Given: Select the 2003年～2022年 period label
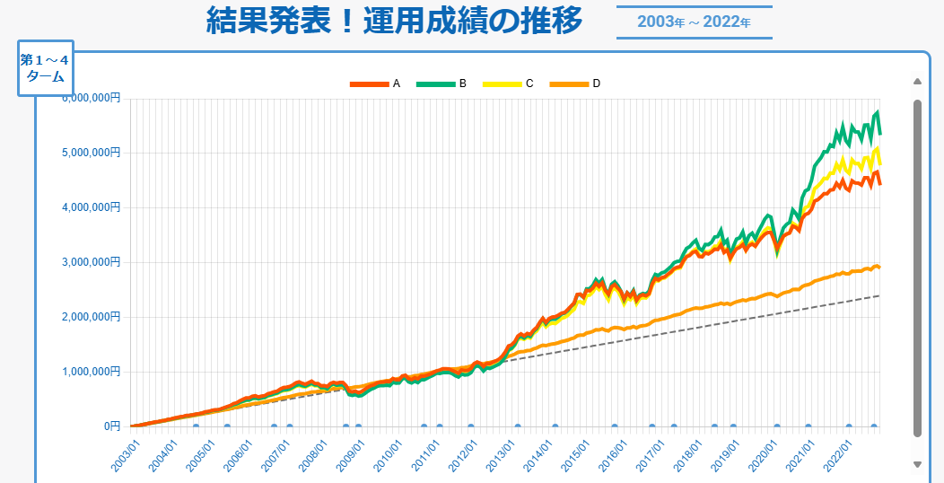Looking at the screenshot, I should tap(694, 22).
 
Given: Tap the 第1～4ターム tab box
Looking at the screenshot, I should tap(45, 68).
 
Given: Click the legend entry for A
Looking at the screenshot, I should tap(375, 83).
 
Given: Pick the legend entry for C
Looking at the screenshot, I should tap(508, 83).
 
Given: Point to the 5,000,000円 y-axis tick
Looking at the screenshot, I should tap(91, 153).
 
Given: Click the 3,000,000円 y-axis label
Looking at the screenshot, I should tap(91, 262).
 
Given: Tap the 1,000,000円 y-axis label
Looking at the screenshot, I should tap(91, 372).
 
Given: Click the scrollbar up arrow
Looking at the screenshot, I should tap(917, 82).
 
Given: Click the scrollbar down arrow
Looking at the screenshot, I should tap(917, 464).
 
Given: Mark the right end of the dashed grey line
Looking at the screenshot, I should tap(879, 295).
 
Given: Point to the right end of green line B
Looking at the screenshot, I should tap(880, 134).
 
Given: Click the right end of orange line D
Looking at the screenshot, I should tap(879, 268).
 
